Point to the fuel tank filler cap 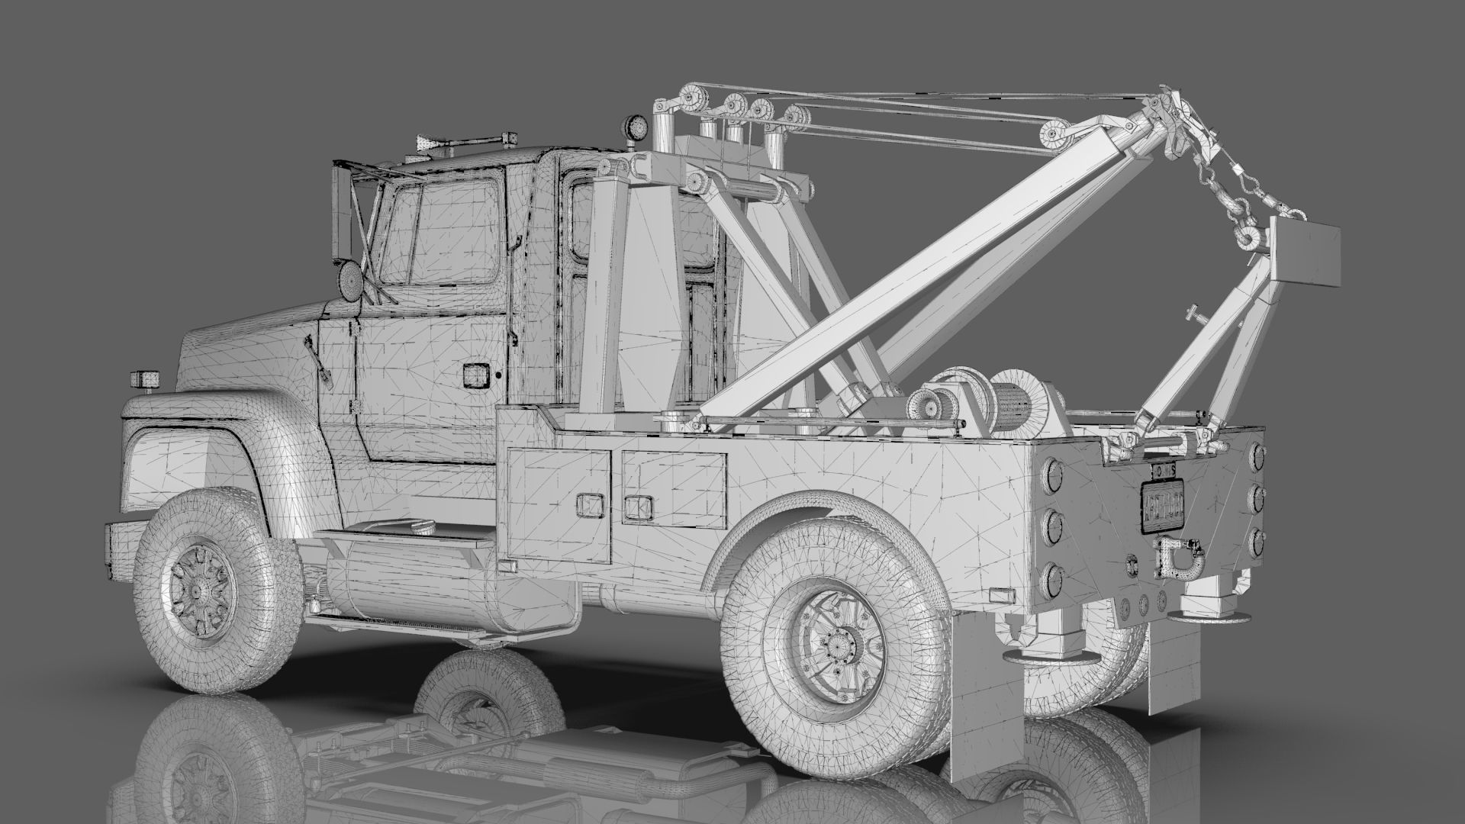pos(420,526)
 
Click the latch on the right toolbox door pos(635,506)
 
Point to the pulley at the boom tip pos(1054,136)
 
